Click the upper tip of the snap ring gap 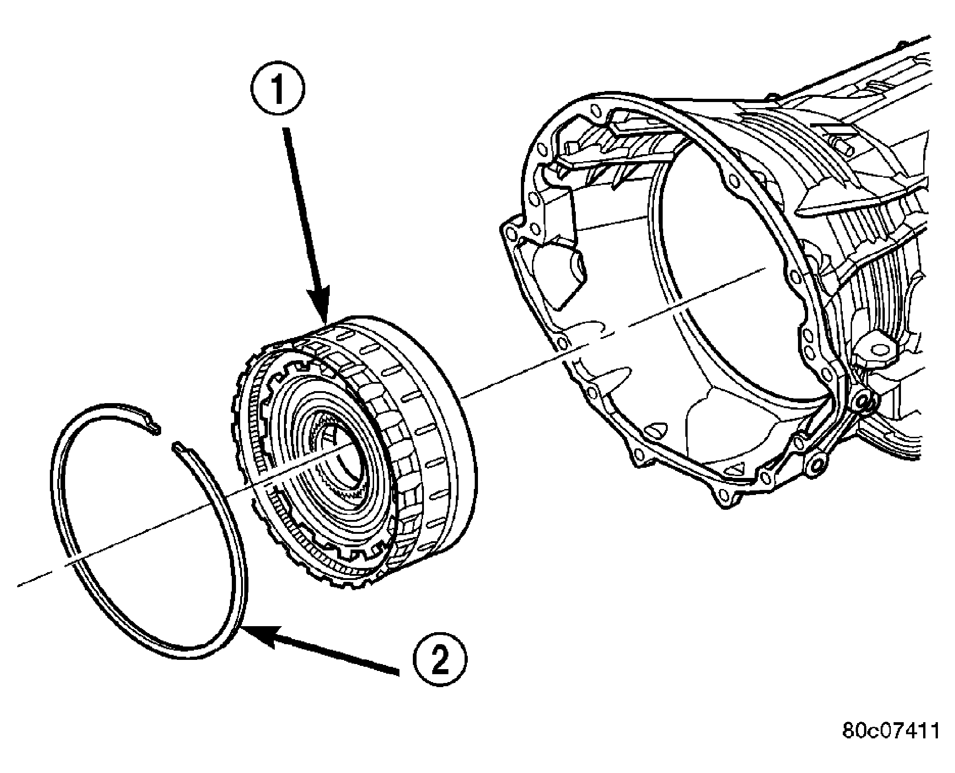coord(156,430)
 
